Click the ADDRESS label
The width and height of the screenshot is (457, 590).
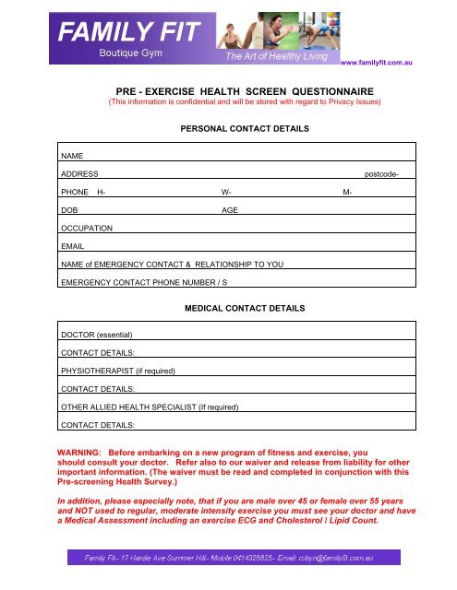point(79,174)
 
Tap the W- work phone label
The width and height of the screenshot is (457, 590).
point(226,192)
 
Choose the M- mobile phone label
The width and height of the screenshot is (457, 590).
point(347,192)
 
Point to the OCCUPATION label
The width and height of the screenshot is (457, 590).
point(87,227)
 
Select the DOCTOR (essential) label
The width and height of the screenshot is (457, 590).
point(97,334)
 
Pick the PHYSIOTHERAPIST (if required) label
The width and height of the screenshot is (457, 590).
point(117,371)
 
